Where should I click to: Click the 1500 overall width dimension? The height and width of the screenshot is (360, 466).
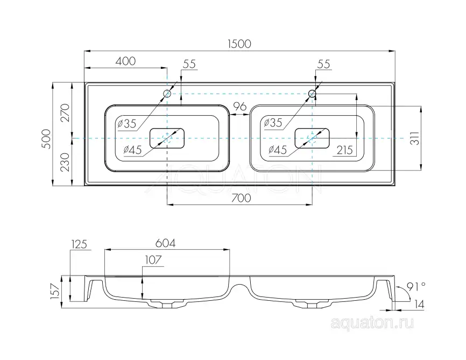point(239,44)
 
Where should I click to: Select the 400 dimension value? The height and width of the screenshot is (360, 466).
point(125,61)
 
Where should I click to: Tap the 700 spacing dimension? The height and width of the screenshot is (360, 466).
point(241,198)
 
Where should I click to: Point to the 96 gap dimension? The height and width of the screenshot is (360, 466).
point(239,105)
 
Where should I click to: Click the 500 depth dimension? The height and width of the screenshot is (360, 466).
point(46,138)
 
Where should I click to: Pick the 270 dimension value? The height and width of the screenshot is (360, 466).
point(65,113)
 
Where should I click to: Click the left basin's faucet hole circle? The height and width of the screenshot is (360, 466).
point(167,94)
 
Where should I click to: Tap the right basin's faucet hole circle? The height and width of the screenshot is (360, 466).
point(312,94)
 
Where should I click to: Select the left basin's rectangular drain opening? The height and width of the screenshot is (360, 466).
point(167,138)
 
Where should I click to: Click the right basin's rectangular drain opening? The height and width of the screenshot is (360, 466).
point(312,138)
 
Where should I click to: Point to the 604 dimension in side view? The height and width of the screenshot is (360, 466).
point(166,243)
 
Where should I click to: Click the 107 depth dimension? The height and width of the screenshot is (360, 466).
point(153,260)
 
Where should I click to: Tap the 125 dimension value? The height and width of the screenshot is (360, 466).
point(79,245)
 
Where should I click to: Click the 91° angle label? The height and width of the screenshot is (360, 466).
point(418,285)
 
